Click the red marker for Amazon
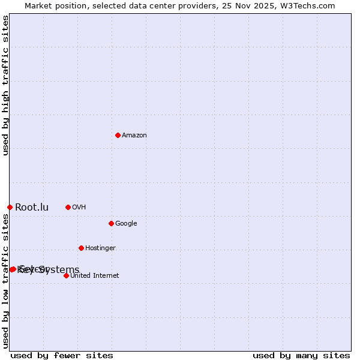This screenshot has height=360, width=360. (118, 135)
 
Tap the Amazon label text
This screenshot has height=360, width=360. (134, 136)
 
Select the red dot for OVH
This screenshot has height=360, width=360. (68, 207)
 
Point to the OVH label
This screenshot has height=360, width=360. (79, 208)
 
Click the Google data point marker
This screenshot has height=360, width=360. (111, 223)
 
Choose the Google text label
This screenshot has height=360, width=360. (126, 224)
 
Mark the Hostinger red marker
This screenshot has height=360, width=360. (81, 248)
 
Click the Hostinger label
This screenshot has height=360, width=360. (100, 248)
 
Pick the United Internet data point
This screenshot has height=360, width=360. (66, 275)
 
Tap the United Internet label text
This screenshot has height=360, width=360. (95, 276)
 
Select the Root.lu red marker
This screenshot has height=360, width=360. (10, 207)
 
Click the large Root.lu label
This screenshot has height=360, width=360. (32, 208)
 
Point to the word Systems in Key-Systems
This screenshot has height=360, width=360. (59, 269)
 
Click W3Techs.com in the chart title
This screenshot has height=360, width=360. (306, 6)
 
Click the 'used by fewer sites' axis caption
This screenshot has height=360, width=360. (62, 355)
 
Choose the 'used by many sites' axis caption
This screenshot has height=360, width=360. (301, 355)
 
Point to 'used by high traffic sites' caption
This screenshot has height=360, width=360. (6, 86)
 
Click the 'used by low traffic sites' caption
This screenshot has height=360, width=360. (6, 280)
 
